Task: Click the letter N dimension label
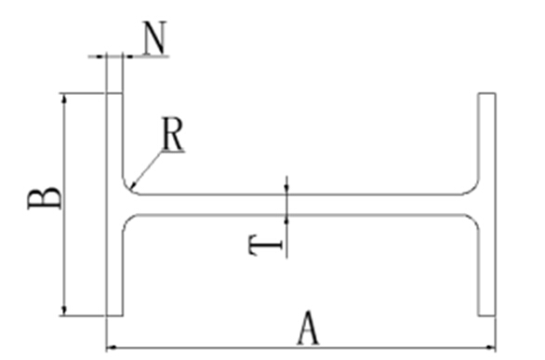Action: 155,38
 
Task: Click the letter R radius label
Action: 173,134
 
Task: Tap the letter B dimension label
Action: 45,198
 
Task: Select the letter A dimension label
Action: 308,328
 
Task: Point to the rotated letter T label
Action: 266,246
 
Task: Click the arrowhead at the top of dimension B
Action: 63,99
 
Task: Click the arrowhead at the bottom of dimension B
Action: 63,311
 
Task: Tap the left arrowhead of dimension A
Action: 112,346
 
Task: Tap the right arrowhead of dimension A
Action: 490,346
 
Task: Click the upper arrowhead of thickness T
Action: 286,189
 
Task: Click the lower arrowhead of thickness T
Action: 286,220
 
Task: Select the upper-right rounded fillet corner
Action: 473,189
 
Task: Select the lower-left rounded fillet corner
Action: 127,220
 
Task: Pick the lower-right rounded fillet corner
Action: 473,221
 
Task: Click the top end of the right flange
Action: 486,93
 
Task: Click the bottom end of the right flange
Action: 486,315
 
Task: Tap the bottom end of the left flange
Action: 114,315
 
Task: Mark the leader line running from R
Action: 146,169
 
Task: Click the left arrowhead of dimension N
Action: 101,56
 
